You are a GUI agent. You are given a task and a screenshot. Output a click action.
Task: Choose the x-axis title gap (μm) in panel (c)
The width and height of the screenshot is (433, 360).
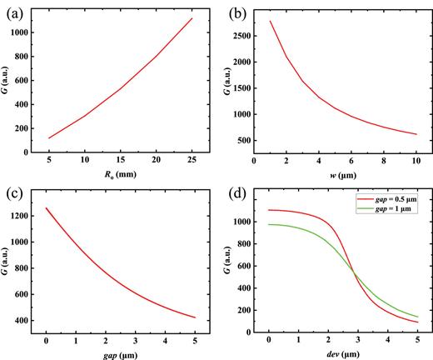point(122,354)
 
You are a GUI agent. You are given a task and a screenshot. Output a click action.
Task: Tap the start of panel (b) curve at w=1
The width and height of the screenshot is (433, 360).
point(271,22)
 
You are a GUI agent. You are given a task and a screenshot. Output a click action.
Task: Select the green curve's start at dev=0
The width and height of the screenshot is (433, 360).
point(268,224)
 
